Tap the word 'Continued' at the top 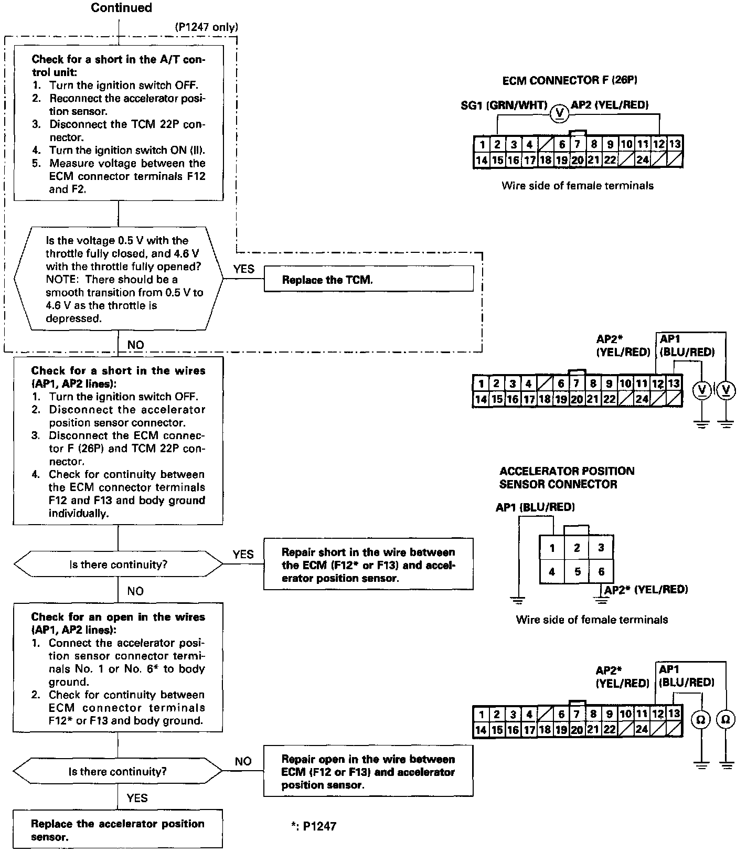121,8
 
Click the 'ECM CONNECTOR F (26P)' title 570,80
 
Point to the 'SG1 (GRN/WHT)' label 504,105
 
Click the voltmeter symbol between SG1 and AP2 559,112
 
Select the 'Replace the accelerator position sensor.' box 118,829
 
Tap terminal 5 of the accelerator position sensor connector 577,571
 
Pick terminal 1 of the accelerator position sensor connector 552,548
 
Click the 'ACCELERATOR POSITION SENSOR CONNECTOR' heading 567,477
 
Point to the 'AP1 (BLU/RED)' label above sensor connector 535,507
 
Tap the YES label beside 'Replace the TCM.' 243,269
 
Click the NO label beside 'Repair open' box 243,761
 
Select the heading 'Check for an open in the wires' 118,623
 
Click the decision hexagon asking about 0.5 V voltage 118,279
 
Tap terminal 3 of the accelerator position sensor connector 601,548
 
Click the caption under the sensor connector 592,620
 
